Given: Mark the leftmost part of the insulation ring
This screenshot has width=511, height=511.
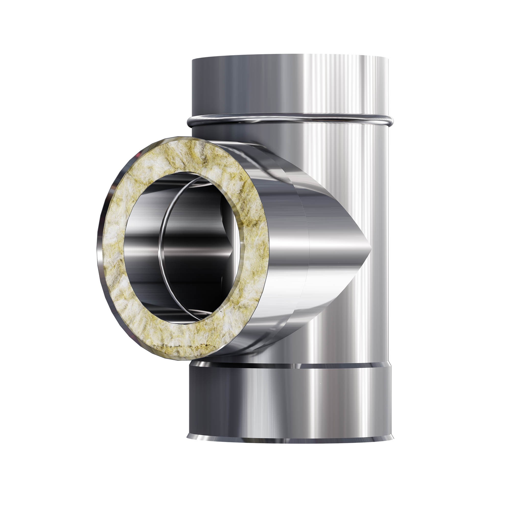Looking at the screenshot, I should point(112,246).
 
